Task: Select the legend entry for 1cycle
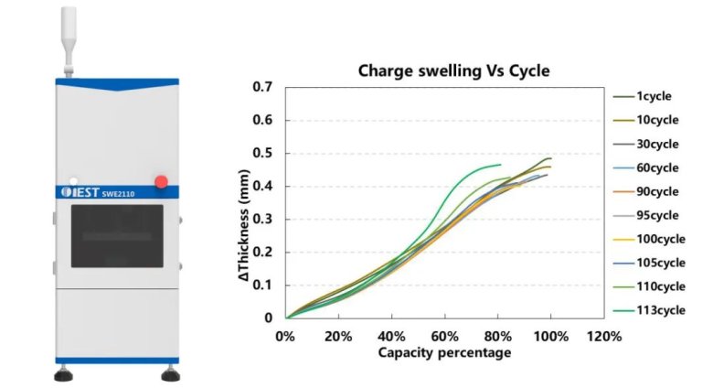656,96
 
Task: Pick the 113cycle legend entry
656,310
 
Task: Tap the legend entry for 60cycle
656,167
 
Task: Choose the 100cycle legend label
656,239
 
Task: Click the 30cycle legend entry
656,144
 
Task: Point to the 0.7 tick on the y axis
264,87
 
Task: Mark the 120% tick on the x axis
604,337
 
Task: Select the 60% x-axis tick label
445,337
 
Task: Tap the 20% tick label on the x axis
339,337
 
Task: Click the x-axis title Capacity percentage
443,352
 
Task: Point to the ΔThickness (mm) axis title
244,203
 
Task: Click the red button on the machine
161,181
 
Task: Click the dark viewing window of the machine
117,236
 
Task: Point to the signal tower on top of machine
69,37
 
